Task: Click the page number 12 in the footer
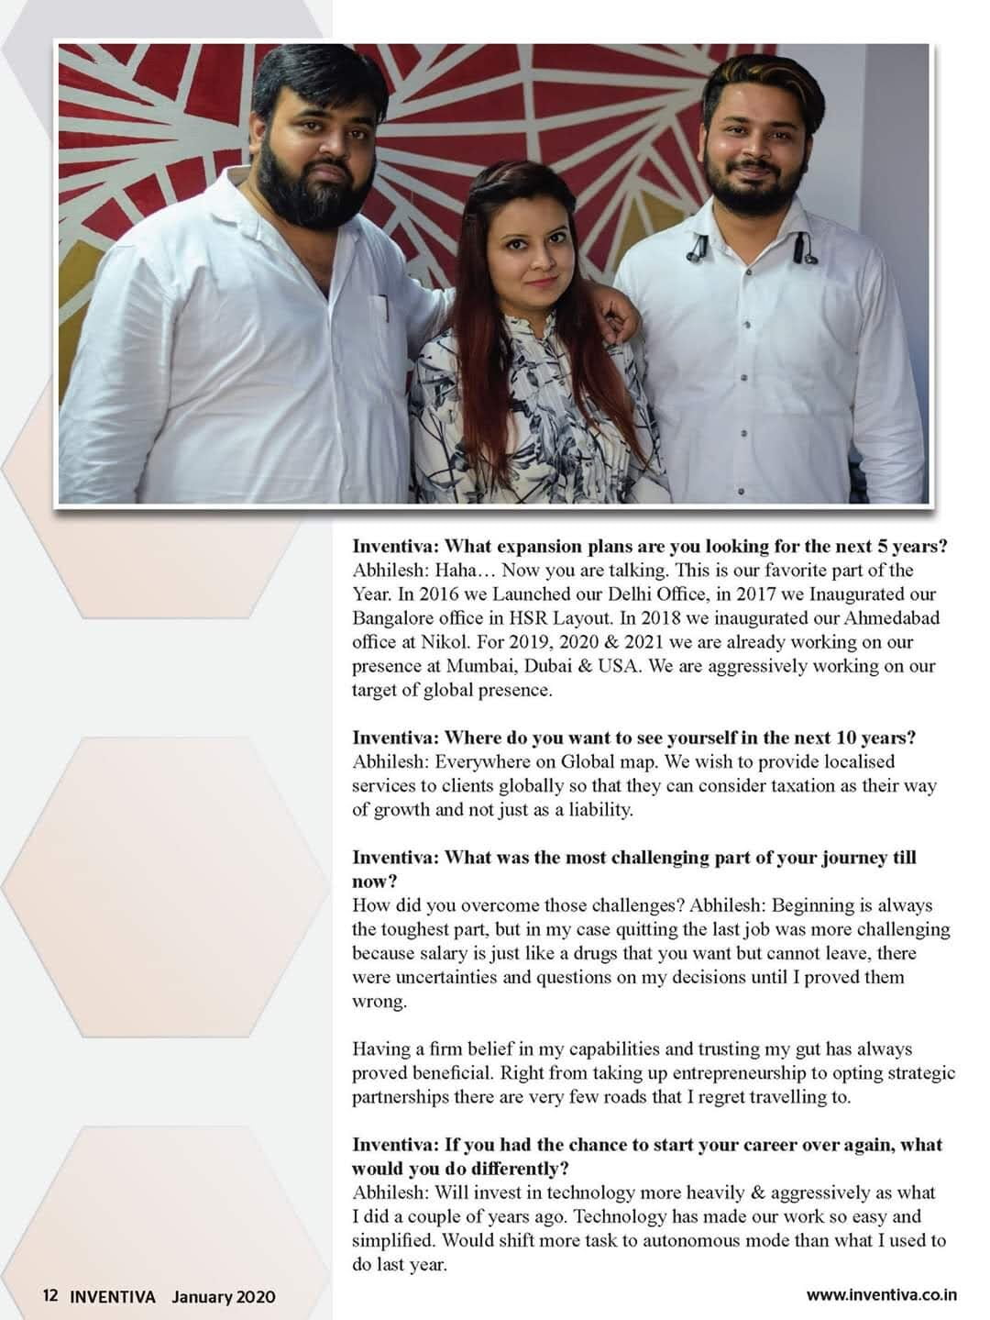49,1296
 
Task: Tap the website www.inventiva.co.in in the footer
881,1295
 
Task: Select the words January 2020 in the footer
223,1296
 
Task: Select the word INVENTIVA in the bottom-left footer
113,1296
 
